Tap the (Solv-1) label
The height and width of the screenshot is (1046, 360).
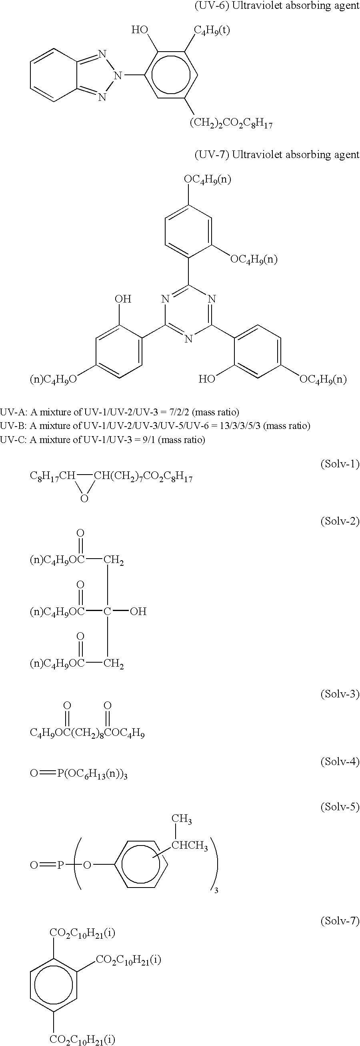pyautogui.click(x=340, y=464)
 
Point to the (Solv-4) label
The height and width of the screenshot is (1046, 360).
pyautogui.click(x=340, y=761)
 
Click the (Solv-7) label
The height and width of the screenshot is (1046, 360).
pyautogui.click(x=340, y=920)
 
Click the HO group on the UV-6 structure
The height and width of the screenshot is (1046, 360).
pyautogui.click(x=140, y=30)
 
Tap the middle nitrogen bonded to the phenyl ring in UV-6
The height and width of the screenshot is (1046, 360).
pyautogui.click(x=118, y=75)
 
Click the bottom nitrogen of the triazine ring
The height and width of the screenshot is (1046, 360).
pyautogui.click(x=188, y=339)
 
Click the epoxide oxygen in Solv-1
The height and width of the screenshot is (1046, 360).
pyautogui.click(x=84, y=498)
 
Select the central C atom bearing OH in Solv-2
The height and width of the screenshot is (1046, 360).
pyautogui.click(x=107, y=611)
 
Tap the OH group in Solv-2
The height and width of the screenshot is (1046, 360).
pyautogui.click(x=138, y=611)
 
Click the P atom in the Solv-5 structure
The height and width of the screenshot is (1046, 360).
pyautogui.click(x=60, y=865)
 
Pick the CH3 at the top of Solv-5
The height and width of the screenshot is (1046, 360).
pyautogui.click(x=182, y=820)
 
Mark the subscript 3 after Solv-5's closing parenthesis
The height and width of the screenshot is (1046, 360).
pyautogui.click(x=216, y=890)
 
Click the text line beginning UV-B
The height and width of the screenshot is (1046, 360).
pyautogui.click(x=155, y=426)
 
